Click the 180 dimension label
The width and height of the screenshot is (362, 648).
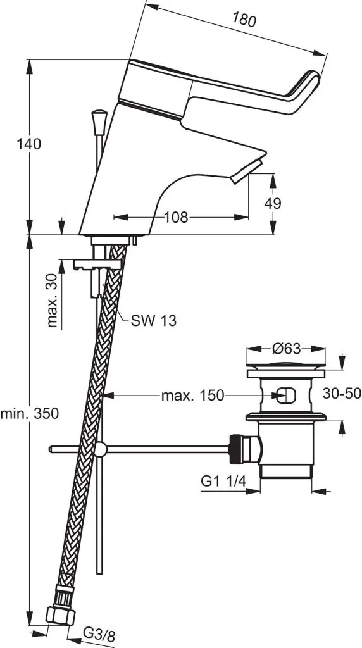tap(244, 20)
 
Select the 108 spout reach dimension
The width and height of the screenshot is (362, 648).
tap(176, 218)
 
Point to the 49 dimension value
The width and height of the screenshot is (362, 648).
tap(273, 203)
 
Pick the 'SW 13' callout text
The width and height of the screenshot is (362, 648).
tap(153, 321)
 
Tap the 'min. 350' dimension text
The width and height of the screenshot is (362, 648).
tap(29, 414)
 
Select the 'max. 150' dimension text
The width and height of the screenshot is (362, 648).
tap(192, 396)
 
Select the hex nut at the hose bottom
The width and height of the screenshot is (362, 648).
tap(61, 614)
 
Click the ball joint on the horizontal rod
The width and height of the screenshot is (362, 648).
tap(99, 449)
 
